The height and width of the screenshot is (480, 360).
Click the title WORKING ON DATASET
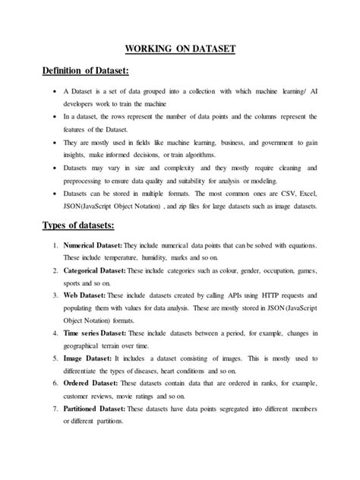click(x=179, y=49)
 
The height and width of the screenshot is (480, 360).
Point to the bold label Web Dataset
click(x=82, y=294)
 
